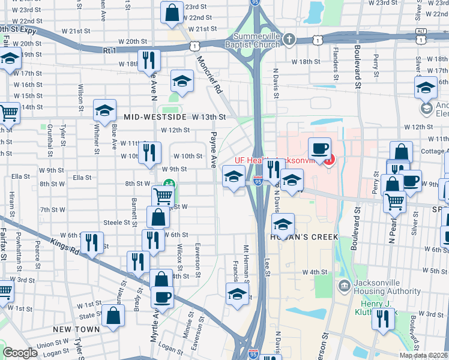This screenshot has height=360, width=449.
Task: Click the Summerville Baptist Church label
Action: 252,40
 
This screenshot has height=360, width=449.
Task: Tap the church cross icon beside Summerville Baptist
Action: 289,40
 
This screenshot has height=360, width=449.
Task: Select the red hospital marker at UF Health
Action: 328,160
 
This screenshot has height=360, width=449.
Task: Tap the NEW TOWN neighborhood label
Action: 76,329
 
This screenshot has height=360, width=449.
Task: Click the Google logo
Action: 20,353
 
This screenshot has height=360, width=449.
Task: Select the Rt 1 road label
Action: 109,51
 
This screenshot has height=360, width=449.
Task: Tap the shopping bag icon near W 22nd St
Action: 172,12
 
